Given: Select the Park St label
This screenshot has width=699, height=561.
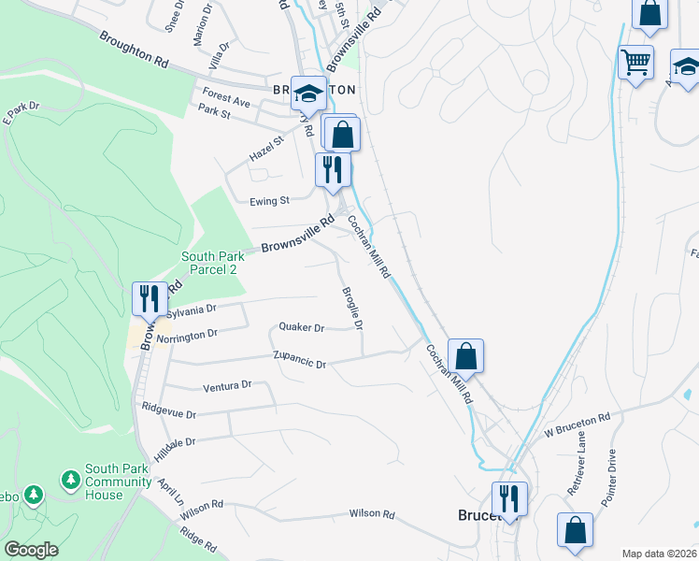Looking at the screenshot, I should click(214, 113).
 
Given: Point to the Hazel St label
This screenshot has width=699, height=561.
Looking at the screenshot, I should click(265, 148).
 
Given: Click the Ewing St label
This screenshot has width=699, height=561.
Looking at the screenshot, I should click(270, 200).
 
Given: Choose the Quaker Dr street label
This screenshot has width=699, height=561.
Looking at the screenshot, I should click(301, 327).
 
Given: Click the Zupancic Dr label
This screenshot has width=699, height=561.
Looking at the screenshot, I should click(299, 360).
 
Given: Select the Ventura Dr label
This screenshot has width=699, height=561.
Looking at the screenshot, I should click(228, 385).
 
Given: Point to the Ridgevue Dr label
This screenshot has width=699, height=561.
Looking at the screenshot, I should click(169, 411).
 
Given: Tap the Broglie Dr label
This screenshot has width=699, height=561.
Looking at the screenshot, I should click(352, 308).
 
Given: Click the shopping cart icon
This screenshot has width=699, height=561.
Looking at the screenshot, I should click(635, 62).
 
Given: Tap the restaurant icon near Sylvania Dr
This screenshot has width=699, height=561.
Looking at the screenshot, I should click(150, 298).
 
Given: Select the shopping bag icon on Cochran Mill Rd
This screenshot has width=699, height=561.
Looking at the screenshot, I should click(465, 355).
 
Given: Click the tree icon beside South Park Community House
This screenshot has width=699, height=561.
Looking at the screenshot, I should click(70, 480).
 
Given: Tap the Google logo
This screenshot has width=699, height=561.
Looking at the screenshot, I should click(32, 550).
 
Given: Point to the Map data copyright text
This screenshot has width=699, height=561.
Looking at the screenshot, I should click(660, 554).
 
